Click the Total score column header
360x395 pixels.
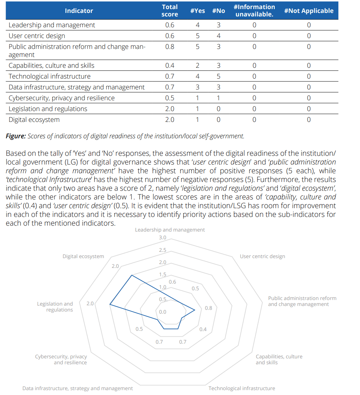coord(170,10)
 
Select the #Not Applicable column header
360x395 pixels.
coord(309,10)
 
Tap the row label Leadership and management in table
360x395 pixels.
coord(52,25)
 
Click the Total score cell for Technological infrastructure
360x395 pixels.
coord(170,76)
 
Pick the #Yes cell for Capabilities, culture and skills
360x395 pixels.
coord(197,66)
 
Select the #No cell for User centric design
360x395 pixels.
coord(218,36)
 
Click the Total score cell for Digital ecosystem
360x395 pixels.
coord(170,120)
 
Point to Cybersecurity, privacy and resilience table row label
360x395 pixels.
coord(62,98)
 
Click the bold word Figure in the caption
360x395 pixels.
coord(16,136)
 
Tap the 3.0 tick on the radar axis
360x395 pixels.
coord(163,238)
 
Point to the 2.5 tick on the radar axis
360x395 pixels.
coord(163,250)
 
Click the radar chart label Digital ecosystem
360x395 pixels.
coord(83,256)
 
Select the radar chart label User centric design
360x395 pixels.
coord(262,256)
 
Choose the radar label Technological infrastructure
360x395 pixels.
coord(242,388)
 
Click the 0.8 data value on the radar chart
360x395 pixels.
coord(208,308)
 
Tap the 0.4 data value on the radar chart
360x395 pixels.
coord(203,329)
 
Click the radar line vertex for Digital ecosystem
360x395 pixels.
coord(131,275)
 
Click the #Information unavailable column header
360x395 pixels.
coord(254,10)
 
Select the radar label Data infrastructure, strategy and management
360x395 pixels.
coord(78,388)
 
